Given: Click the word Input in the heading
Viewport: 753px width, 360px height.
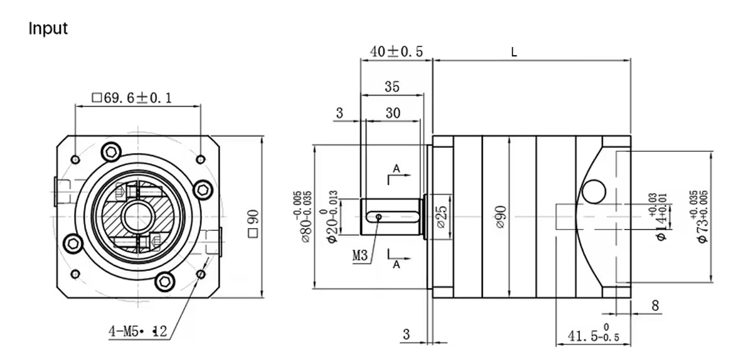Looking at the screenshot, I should pyautogui.click(x=48, y=29).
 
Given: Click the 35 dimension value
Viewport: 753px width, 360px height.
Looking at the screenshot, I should pyautogui.click(x=392, y=87).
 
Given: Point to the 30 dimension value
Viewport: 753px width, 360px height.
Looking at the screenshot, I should pyautogui.click(x=393, y=113).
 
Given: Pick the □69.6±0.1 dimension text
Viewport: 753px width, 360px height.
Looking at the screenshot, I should pyautogui.click(x=132, y=98).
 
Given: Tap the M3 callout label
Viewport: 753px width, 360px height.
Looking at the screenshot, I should pyautogui.click(x=360, y=255).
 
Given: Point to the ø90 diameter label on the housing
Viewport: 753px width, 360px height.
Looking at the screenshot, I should pyautogui.click(x=500, y=216).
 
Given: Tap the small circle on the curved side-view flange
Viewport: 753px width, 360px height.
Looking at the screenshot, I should pyautogui.click(x=591, y=188).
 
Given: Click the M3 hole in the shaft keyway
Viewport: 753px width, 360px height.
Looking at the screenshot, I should pyautogui.click(x=379, y=217).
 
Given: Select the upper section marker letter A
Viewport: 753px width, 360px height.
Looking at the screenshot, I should pyautogui.click(x=396, y=169).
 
